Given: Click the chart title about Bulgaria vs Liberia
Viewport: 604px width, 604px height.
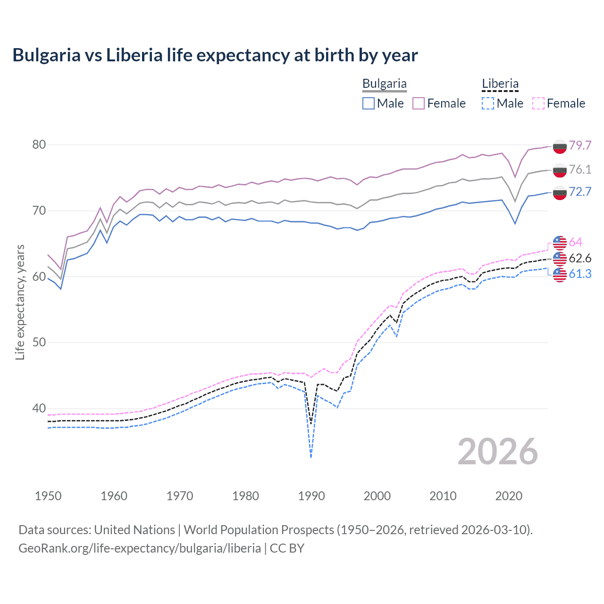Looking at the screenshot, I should [x=215, y=55].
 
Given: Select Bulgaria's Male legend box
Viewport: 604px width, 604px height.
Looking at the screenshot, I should [x=369, y=103].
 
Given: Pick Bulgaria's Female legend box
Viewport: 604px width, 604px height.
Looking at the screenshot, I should [x=419, y=103].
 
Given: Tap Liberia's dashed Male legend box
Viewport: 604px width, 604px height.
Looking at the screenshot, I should [x=488, y=103].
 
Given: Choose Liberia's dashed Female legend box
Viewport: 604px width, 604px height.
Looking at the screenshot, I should [x=538, y=103].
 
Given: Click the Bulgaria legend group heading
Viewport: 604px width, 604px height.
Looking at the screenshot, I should [x=384, y=84].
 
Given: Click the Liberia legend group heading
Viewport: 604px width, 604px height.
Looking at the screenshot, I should [x=500, y=84].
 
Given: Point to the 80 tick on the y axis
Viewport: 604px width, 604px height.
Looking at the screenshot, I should [x=39, y=145].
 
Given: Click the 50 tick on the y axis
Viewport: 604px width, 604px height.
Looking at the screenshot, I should [x=39, y=343].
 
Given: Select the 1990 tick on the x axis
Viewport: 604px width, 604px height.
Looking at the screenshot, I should [x=311, y=496].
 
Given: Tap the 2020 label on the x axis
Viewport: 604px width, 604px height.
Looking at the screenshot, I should [x=509, y=496].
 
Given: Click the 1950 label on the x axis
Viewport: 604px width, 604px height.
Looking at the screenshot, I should [x=48, y=496].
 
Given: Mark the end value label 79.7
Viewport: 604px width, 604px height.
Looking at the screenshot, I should [x=580, y=145].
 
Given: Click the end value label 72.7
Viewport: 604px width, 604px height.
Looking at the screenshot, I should [x=580, y=192].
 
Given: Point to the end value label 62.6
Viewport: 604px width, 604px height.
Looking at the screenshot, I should [x=580, y=258].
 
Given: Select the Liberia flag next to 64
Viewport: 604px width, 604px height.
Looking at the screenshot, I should [x=560, y=243].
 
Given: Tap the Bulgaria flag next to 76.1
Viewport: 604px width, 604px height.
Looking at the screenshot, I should [x=560, y=170].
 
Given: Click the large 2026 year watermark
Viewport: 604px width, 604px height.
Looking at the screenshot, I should [x=498, y=452].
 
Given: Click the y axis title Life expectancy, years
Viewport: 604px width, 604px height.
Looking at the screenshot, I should [x=20, y=302].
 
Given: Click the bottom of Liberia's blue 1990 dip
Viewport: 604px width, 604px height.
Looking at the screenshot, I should [x=311, y=456].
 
